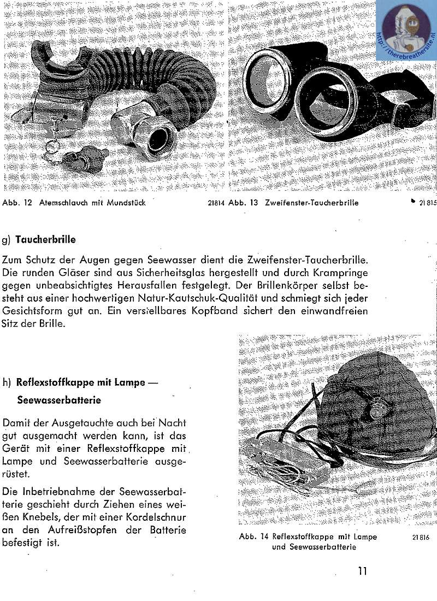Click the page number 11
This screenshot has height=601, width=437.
362,571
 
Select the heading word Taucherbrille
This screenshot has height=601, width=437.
46,239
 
